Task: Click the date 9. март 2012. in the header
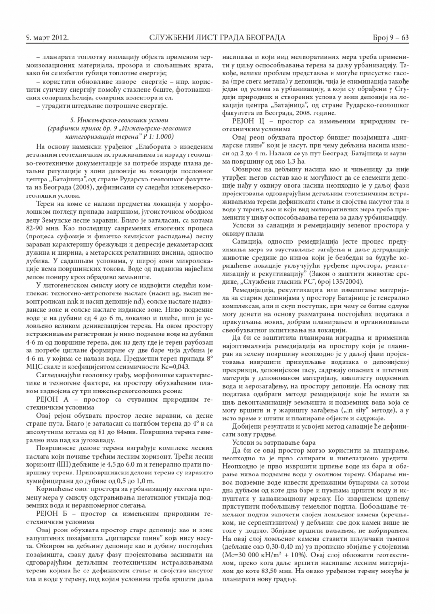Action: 47,37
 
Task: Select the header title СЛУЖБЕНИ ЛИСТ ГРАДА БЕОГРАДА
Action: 217,37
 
